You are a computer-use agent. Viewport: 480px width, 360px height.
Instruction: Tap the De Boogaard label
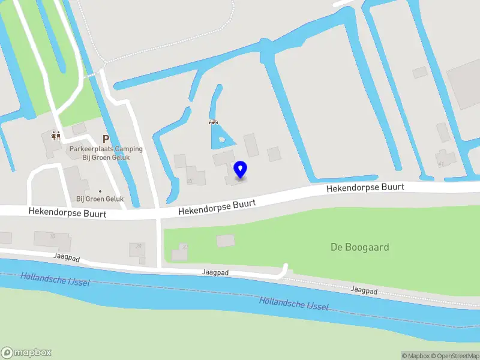click(x=360, y=247)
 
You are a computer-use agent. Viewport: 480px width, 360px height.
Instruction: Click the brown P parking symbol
click(x=106, y=139)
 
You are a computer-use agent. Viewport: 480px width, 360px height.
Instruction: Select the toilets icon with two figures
click(x=55, y=136)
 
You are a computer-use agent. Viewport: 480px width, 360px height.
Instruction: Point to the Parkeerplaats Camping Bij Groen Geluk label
click(x=106, y=153)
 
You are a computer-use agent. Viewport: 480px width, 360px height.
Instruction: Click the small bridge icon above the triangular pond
click(x=212, y=122)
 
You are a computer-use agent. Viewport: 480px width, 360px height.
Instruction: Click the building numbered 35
click(x=196, y=178)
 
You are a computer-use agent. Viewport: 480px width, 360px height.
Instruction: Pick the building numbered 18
click(x=52, y=239)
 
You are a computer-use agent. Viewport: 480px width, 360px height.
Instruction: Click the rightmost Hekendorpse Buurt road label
click(x=365, y=188)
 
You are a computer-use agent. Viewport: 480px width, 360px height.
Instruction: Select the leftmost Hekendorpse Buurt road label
click(x=67, y=212)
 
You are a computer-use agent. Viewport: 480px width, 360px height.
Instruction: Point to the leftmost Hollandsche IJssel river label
click(x=55, y=279)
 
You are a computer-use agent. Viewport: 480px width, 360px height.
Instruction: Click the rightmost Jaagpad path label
click(x=364, y=291)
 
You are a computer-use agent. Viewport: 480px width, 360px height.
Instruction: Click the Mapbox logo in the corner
click(x=26, y=353)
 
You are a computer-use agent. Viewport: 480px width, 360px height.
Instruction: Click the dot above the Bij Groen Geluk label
click(x=100, y=191)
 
